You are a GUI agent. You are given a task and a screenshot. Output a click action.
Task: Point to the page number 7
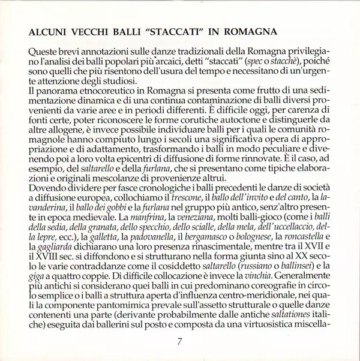point(180,343)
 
